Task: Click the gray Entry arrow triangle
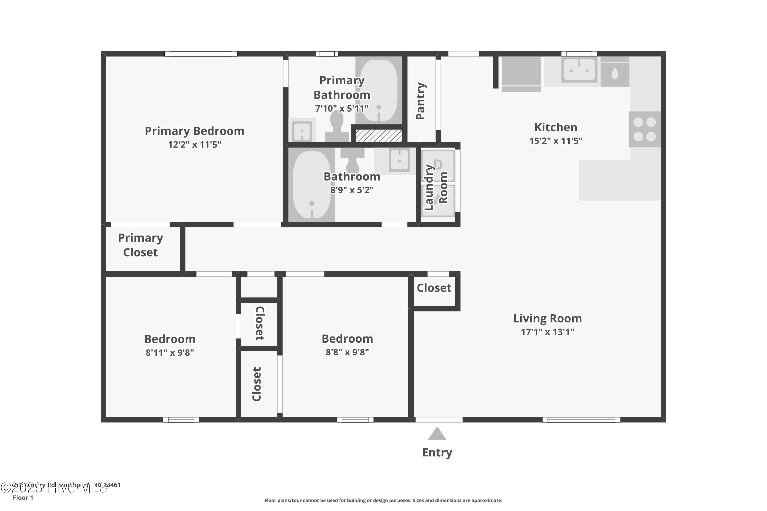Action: coord(437,434)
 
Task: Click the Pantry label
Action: coord(421,101)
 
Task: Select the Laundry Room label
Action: coord(436,187)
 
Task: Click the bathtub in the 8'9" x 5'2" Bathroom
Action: coord(312,184)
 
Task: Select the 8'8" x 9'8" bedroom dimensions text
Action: coord(347,352)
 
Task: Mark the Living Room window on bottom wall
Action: coord(581,420)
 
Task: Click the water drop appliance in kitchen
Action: coord(615,73)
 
